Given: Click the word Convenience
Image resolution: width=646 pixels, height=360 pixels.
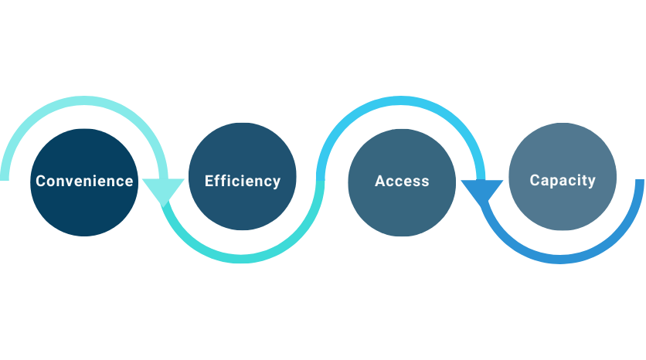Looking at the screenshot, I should (x=84, y=182).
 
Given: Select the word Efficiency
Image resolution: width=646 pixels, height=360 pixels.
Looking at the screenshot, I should (x=243, y=182).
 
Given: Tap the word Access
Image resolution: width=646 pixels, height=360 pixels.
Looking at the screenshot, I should (x=402, y=182).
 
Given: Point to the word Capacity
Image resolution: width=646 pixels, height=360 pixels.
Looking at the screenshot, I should (x=563, y=181).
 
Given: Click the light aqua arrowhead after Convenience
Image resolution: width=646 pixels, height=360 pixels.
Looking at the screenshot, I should (x=163, y=190).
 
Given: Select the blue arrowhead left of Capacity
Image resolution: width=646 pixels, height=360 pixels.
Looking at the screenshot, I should (x=482, y=190).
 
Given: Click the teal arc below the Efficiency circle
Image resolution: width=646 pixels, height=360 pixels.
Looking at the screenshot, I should (x=243, y=259).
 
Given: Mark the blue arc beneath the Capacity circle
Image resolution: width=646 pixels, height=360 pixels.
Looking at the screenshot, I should (x=563, y=259).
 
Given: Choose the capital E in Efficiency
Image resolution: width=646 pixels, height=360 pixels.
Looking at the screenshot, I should (x=209, y=181).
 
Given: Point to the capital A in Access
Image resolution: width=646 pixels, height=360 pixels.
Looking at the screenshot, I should (x=380, y=182).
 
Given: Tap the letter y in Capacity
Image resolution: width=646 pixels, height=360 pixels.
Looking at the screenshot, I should (x=591, y=182).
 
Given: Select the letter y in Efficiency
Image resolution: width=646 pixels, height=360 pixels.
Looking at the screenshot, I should (x=276, y=183).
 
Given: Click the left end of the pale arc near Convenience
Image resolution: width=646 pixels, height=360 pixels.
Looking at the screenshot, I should (x=5, y=176).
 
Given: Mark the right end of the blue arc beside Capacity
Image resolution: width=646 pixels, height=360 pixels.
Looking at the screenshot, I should (x=640, y=184).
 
